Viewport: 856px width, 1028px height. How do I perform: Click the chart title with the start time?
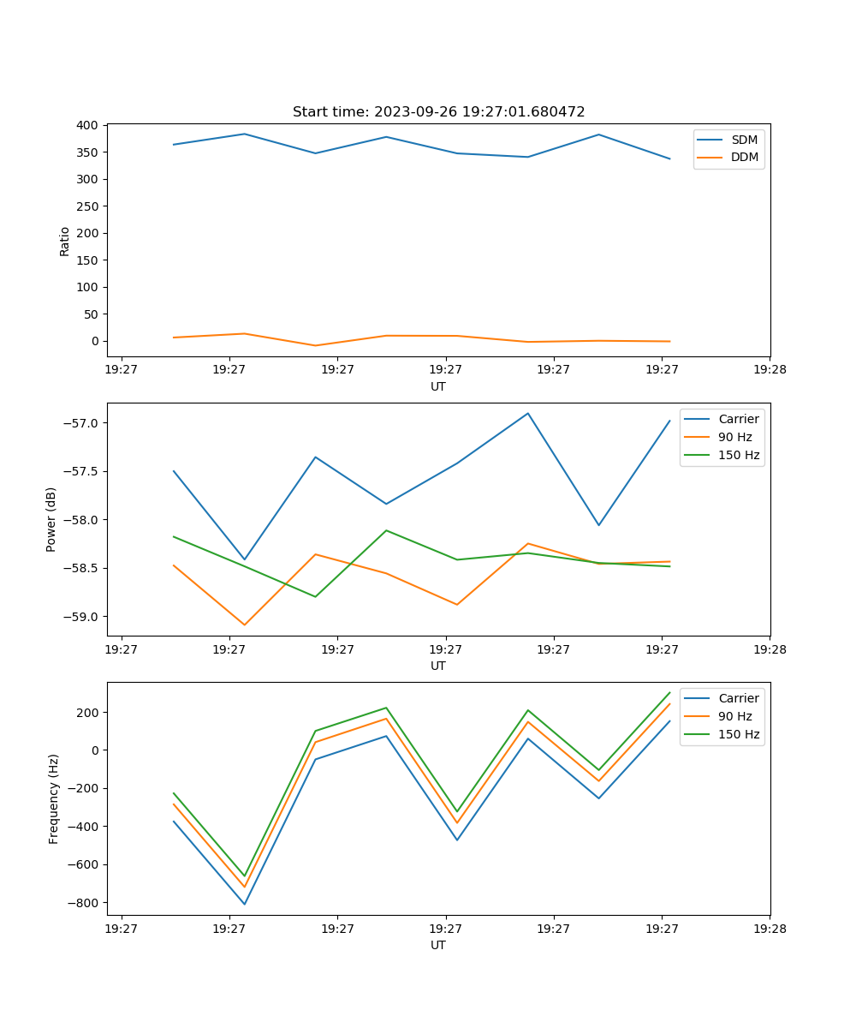point(438,112)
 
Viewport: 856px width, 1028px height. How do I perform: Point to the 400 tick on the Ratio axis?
point(87,125)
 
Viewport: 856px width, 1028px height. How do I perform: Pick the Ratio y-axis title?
point(65,241)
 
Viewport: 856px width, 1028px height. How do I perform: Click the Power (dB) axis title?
point(51,519)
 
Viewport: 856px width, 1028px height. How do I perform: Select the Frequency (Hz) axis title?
point(54,798)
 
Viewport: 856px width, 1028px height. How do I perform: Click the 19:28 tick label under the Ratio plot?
point(770,370)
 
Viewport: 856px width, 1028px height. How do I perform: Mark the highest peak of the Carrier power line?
point(528,413)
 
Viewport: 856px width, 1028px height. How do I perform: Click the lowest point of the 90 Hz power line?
point(245,625)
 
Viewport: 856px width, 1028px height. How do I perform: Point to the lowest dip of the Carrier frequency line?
point(245,905)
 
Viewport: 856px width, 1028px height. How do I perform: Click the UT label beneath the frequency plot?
point(438,945)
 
